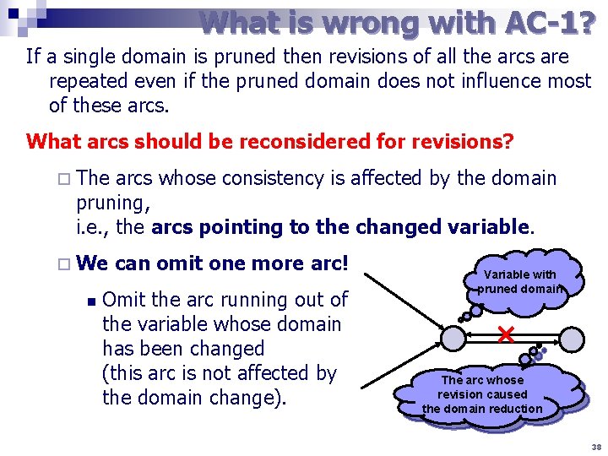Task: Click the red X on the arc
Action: click(506, 335)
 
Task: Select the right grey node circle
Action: click(572, 339)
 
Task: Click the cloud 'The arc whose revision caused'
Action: click(483, 394)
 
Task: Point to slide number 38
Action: click(597, 446)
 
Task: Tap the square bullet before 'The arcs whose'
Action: click(65, 179)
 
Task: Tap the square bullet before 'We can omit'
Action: click(65, 263)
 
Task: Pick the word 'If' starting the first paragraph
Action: click(34, 57)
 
